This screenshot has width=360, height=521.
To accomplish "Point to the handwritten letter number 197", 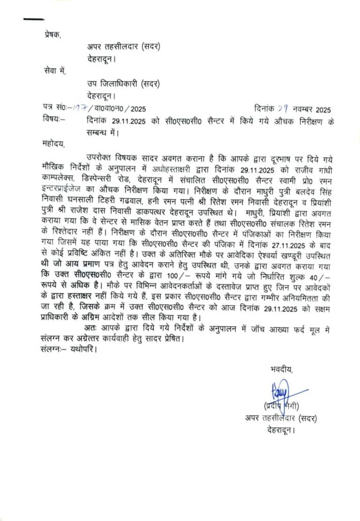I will (x=79, y=108).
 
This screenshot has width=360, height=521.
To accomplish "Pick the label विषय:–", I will (x=52, y=120).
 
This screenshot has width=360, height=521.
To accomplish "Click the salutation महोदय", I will (x=54, y=144).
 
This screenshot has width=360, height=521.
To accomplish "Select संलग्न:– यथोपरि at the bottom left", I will (x=67, y=350).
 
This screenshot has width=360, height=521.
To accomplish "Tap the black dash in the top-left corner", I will (x=34, y=19).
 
